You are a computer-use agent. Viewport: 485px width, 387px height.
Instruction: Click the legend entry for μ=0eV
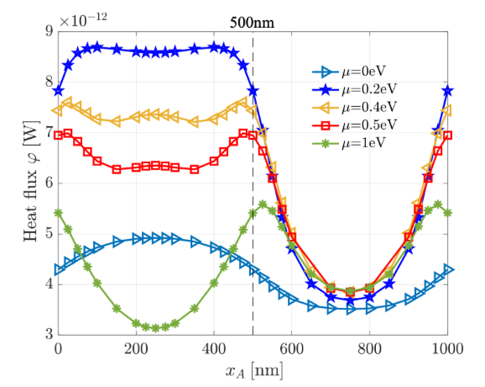[370, 71]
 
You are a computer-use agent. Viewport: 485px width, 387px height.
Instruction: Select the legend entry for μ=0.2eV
[372, 89]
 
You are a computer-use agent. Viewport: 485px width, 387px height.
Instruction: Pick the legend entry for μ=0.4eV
[372, 107]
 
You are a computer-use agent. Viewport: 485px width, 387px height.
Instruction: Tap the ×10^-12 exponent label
[84, 21]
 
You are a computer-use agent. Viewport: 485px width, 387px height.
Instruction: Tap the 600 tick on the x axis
[292, 348]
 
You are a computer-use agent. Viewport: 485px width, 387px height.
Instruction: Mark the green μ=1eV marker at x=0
[58, 213]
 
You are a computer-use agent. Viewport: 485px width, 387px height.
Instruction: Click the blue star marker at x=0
[58, 91]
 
